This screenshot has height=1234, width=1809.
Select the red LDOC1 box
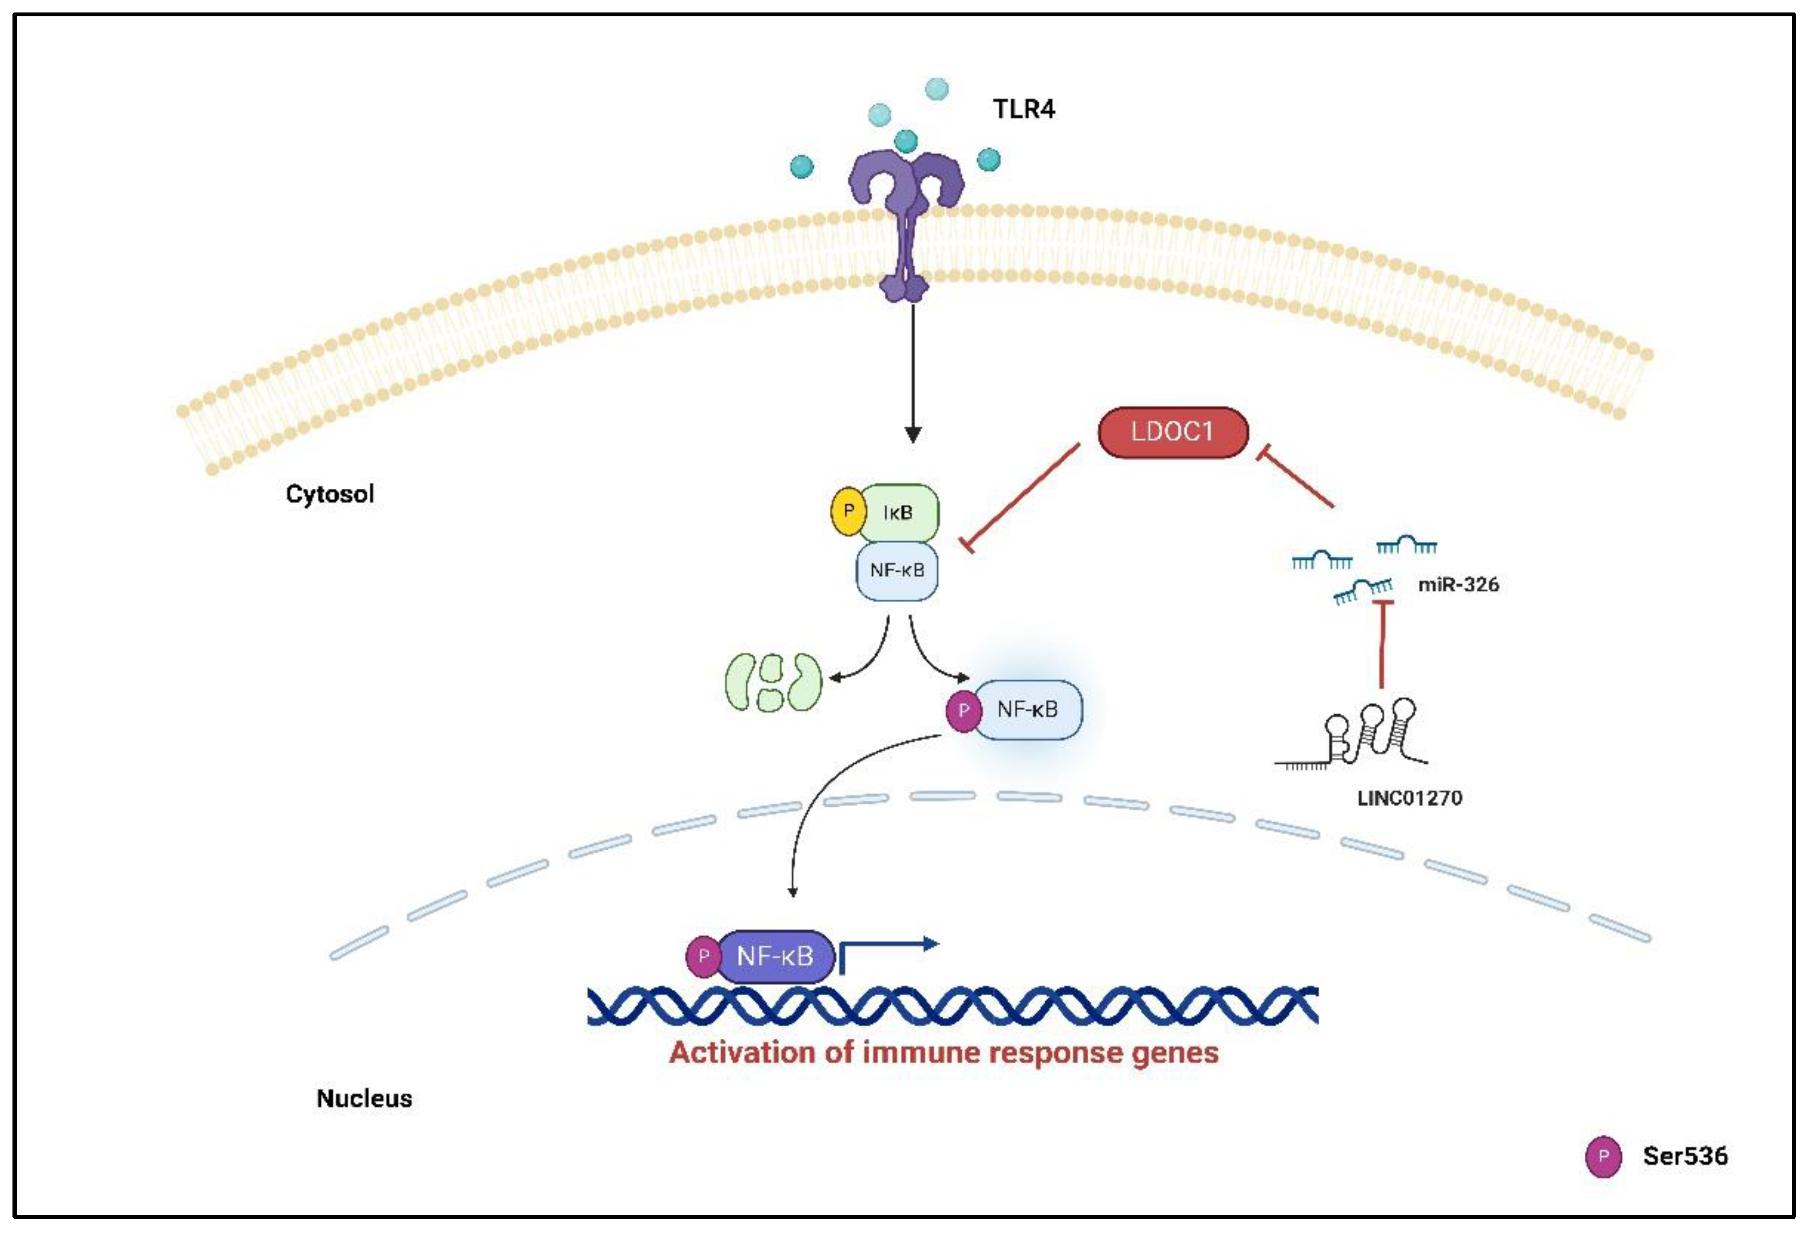[x=1172, y=432]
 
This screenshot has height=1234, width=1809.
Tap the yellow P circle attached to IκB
[x=848, y=511]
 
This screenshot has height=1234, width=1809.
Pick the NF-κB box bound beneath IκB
[x=897, y=570]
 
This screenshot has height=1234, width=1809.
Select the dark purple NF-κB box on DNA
[x=775, y=955]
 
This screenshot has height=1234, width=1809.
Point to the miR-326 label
[x=1458, y=584]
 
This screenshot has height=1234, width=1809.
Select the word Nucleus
[x=364, y=1098]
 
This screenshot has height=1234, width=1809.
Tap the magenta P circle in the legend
[x=1603, y=1157]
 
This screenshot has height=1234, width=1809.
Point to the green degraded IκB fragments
[x=772, y=682]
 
